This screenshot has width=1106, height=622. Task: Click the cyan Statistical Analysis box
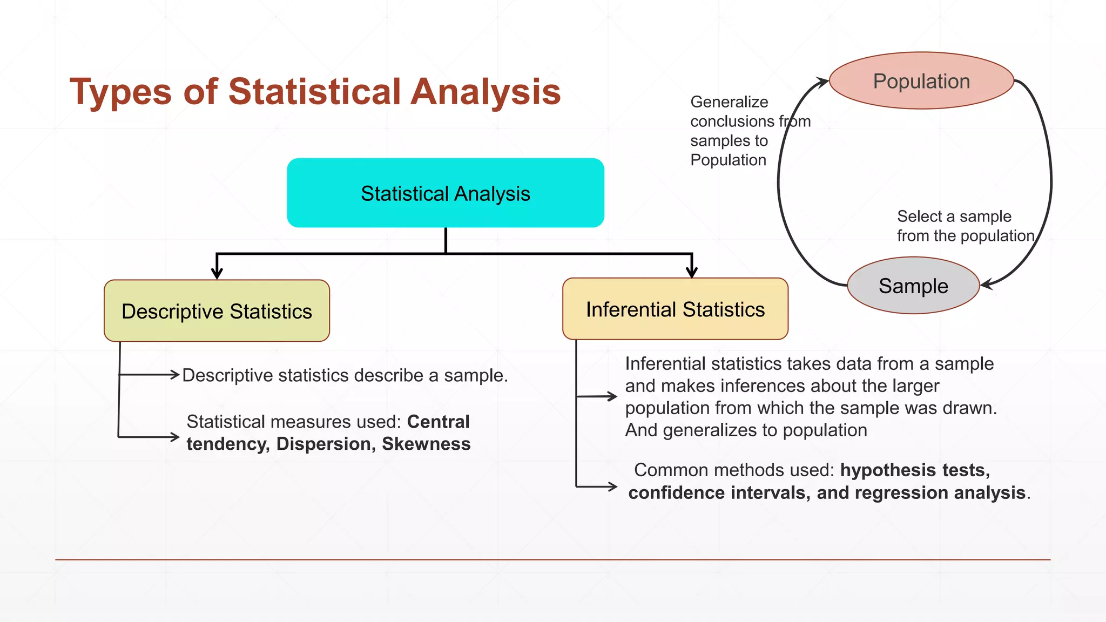pos(445,193)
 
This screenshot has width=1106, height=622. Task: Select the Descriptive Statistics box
pos(217,311)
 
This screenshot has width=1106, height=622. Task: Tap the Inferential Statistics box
pos(675,309)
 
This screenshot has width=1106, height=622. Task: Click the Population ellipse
pos(921,81)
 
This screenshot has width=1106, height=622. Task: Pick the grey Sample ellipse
pos(913,286)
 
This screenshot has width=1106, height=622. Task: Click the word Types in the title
pos(120,92)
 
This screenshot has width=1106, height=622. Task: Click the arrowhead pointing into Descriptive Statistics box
pos(217,273)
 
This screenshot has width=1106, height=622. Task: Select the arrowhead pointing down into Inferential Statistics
pos(692,272)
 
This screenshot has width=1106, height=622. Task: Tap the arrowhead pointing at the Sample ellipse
pos(986,285)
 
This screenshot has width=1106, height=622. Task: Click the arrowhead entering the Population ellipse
pos(822,82)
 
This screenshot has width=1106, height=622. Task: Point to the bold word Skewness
pos(426,444)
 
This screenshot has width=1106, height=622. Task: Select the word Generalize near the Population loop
pos(729,102)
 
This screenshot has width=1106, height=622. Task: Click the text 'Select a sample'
pos(954,217)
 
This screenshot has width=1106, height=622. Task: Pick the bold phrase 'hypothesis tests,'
pos(915,470)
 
